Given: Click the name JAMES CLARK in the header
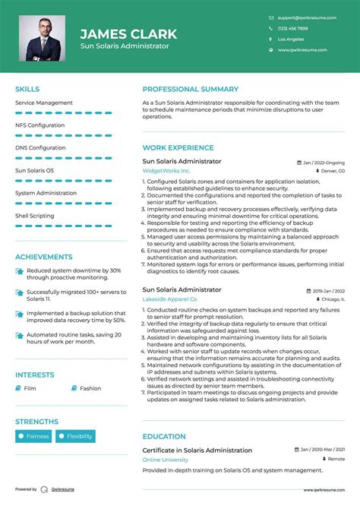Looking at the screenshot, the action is (x=128, y=34).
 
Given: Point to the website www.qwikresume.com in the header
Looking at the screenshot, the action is (x=302, y=49).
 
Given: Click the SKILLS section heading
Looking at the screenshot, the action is (x=27, y=89).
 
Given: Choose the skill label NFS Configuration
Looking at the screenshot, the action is (x=39, y=125).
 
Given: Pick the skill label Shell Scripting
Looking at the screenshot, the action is (x=35, y=216).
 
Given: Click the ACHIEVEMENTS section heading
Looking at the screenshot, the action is (x=44, y=257).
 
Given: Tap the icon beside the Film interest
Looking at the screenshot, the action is (x=19, y=388).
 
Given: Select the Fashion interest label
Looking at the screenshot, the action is (x=90, y=388).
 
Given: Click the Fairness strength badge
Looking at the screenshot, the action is (x=34, y=436).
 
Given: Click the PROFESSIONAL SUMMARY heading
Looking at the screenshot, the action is (x=191, y=89).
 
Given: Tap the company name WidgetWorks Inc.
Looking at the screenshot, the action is (x=167, y=172).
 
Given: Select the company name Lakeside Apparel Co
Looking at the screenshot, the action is (x=170, y=300).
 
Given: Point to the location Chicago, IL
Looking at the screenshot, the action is (x=329, y=300).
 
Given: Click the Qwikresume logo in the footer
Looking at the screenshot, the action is (x=45, y=489).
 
